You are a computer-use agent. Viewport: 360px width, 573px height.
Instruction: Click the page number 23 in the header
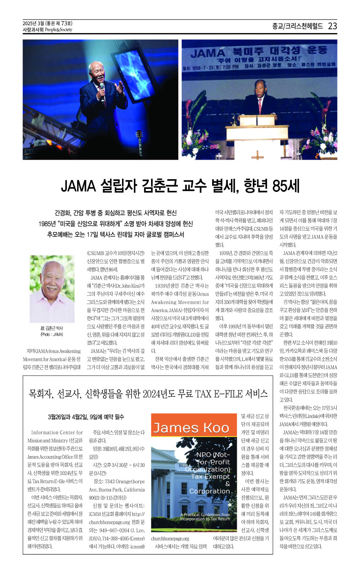(x=332, y=26)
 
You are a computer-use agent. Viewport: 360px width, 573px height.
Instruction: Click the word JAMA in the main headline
(x=80, y=186)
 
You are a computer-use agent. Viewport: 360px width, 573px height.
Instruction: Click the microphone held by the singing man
(x=102, y=89)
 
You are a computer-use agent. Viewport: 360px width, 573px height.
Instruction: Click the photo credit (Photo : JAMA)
(x=52, y=335)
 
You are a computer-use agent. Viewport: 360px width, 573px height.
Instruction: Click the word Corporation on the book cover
(x=210, y=491)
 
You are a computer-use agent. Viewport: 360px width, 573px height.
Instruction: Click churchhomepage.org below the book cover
(x=170, y=538)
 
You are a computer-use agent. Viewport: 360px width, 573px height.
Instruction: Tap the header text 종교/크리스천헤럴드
(x=297, y=26)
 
